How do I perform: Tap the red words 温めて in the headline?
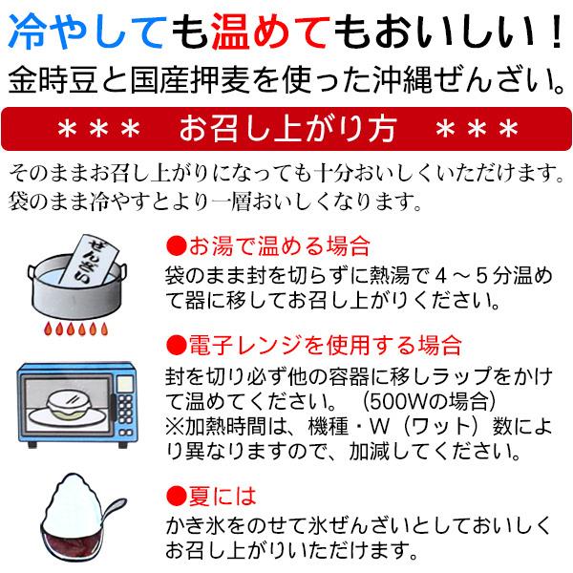(x=271, y=32)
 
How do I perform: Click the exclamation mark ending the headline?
(x=558, y=32)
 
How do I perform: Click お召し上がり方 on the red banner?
(x=288, y=129)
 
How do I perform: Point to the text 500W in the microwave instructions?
(x=399, y=401)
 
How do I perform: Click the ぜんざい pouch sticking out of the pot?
(x=89, y=260)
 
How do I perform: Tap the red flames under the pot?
(x=76, y=329)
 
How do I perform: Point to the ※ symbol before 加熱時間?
(x=175, y=427)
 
